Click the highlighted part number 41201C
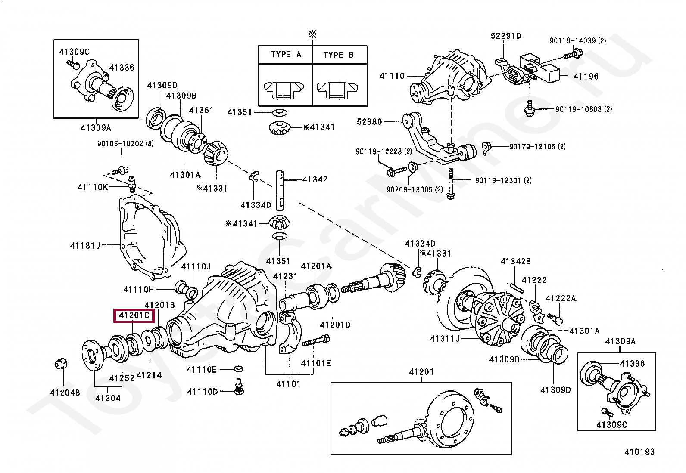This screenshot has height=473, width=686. point(134,315)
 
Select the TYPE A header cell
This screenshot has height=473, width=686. point(286,55)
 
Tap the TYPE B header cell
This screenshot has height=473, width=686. point(339,55)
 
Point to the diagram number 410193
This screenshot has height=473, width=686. point(639,452)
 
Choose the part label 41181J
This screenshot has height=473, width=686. point(85,246)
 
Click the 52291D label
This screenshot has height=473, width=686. point(506,36)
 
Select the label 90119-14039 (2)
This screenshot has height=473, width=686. point(577,41)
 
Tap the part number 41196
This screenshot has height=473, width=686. point(586,77)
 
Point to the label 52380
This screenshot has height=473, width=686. point(369,122)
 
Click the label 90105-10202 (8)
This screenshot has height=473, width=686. point(125,144)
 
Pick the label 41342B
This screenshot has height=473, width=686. point(515,261)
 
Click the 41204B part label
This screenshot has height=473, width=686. point(65,393)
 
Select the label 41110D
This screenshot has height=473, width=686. point(203,392)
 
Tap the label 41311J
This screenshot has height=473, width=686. point(445,339)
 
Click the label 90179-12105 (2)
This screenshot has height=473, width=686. point(537,147)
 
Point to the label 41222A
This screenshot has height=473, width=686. point(561,299)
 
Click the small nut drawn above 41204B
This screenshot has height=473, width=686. point(61,364)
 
